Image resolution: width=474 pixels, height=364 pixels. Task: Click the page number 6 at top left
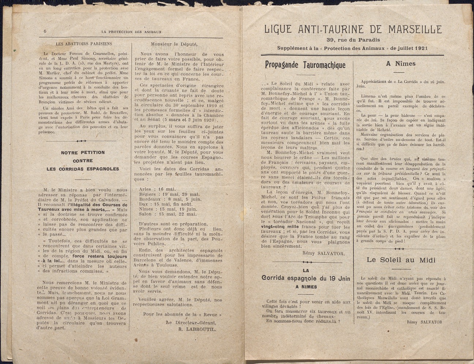point(45,31)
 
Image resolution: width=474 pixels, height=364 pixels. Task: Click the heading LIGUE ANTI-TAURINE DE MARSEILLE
point(353,29)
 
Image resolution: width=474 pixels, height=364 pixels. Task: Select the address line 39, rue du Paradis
point(353,40)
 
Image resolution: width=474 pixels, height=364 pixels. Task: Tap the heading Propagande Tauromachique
point(305,65)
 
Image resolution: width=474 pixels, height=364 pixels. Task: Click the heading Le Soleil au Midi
point(401,260)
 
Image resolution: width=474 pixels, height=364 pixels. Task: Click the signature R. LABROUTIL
point(197,329)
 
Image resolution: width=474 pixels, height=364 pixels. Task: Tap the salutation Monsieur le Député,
point(174,44)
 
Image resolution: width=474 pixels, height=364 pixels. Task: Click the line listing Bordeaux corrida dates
point(165,199)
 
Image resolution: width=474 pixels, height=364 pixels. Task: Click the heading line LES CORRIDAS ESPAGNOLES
point(83,169)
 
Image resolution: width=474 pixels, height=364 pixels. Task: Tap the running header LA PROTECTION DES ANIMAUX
point(132,32)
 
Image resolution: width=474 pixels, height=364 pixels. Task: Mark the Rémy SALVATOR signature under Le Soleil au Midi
point(424,322)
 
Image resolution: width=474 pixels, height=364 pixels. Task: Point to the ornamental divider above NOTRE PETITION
point(82,141)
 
